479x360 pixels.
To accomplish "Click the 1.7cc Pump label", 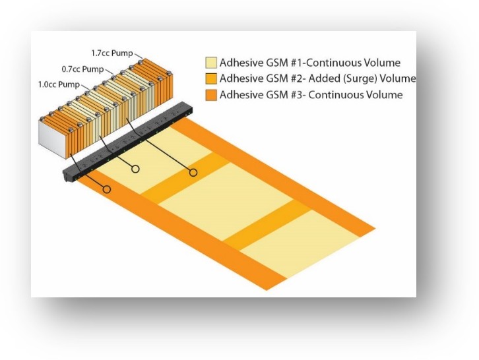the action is tap(112, 53).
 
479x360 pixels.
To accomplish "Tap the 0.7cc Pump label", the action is tap(82, 69).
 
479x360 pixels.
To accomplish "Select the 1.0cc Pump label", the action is tap(59, 84).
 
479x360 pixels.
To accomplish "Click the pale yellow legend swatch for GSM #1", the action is tap(211, 62).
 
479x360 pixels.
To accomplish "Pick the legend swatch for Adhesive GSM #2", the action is tap(211, 78).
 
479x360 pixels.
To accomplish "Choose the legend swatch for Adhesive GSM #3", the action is tap(211, 95).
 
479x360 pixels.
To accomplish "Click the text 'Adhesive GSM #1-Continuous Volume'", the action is tap(309, 63).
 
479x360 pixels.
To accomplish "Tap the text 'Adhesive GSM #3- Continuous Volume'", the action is tap(311, 95).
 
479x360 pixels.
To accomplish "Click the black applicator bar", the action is tap(127, 142).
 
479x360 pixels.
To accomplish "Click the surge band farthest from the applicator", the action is tap(268, 224).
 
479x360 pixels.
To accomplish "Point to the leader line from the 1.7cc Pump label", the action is tap(139, 56).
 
